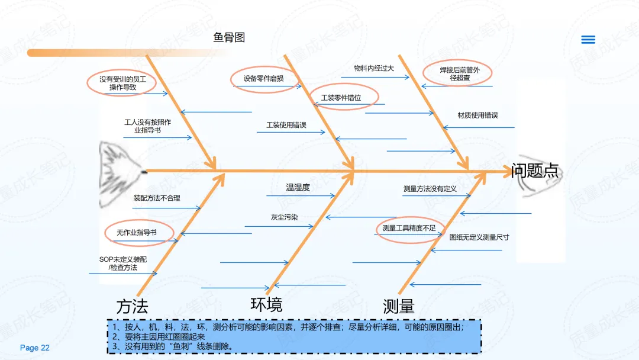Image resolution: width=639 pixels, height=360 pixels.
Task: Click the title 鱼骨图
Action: pos(229,38)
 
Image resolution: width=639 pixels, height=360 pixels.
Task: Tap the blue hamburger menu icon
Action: pos(588,40)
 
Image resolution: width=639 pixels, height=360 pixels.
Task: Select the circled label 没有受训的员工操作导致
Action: pos(122,83)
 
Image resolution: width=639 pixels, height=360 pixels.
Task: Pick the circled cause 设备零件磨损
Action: pos(263,78)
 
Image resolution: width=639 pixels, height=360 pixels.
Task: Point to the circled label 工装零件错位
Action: pos(341,98)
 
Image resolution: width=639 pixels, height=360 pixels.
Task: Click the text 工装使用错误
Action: pos(286,125)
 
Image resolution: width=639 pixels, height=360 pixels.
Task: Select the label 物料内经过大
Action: pos(374,68)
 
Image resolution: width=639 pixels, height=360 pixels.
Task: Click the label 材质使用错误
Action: pos(478,115)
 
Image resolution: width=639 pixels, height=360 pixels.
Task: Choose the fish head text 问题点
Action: pos(535,171)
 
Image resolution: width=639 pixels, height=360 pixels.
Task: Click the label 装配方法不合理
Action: pos(157,198)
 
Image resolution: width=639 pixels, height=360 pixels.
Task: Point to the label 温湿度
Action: pos(298,188)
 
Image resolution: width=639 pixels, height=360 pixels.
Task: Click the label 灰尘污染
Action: pos(285,217)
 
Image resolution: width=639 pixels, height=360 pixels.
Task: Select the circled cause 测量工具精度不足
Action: pos(409,228)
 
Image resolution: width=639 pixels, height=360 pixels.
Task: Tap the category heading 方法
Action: pos(133,307)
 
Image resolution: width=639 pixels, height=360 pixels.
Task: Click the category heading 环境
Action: pos(266,304)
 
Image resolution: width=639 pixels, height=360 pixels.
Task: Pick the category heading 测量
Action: pos(399,307)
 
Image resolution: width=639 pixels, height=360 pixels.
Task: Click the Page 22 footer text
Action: pos(35,348)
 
